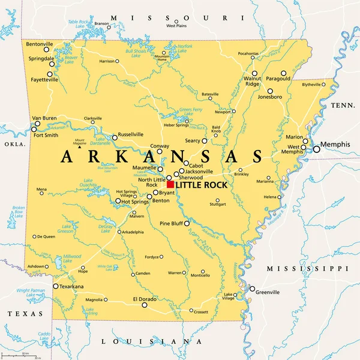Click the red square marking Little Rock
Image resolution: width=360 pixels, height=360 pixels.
(x=170, y=185)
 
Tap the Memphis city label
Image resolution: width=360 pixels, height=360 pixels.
(x=335, y=145)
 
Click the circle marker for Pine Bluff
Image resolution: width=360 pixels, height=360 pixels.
(x=187, y=223)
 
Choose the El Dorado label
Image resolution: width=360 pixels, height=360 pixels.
(x=144, y=298)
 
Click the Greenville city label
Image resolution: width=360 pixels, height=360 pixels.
(x=267, y=292)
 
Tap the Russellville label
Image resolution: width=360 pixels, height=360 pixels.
(x=131, y=134)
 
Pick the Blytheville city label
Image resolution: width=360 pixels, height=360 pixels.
(x=311, y=85)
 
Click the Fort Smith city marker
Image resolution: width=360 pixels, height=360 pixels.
(x=34, y=129)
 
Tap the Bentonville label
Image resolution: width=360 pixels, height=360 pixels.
(x=40, y=44)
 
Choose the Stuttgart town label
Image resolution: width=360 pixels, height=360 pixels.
(x=217, y=204)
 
